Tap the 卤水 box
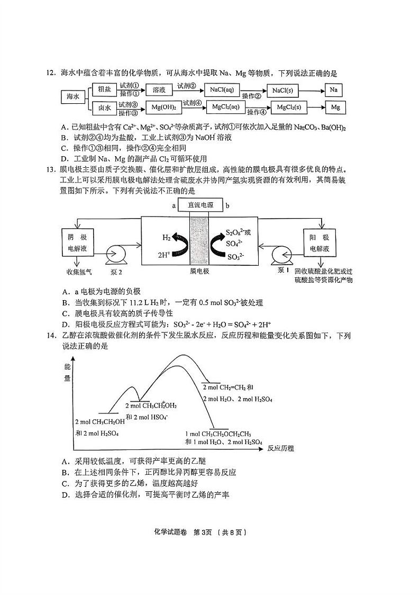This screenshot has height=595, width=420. pos(104,108)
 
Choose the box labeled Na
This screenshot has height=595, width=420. pos(333,89)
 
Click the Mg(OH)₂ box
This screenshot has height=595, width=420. pos(163,108)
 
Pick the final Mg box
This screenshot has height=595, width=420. pos(335,107)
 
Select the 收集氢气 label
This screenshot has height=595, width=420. pos(78,273)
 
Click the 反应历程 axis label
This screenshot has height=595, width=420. pos(280,448)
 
